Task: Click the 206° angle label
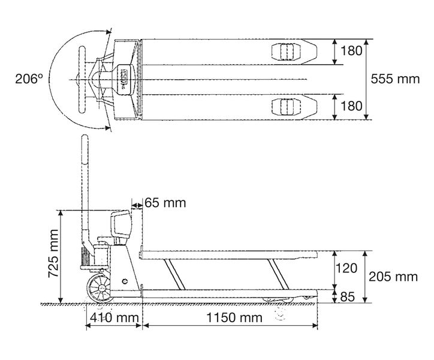coord(30,79)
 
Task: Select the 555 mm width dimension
coord(395,79)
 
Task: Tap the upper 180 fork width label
coord(351,51)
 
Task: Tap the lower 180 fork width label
coord(351,106)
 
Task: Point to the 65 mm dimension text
coord(165,203)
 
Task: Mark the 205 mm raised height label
coord(393,277)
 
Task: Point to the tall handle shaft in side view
coord(83,186)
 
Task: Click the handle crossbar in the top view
coord(81,79)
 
